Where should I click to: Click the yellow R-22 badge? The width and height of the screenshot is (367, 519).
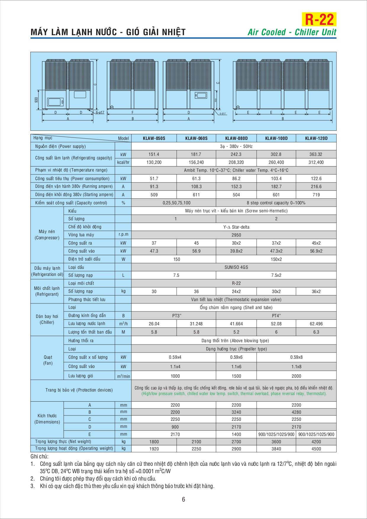pyautogui.click(x=319, y=20)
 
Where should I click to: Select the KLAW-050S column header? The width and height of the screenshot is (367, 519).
pyautogui.click(x=154, y=138)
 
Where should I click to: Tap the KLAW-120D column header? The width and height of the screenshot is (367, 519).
pyautogui.click(x=316, y=138)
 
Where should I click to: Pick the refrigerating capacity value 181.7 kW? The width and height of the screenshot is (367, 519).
pyautogui.click(x=196, y=154)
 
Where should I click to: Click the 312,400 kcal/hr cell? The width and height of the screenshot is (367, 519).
pyautogui.click(x=316, y=162)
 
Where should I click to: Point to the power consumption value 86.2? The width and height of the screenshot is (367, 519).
pyautogui.click(x=236, y=179)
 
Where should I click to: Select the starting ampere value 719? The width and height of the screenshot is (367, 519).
pyautogui.click(x=316, y=195)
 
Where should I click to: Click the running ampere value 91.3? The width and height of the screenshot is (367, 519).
pyautogui.click(x=154, y=187)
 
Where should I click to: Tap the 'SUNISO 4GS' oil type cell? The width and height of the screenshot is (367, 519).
pyautogui.click(x=236, y=267)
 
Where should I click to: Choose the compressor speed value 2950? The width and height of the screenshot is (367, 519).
pyautogui.click(x=236, y=235)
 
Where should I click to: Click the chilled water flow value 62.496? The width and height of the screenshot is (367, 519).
pyautogui.click(x=316, y=324)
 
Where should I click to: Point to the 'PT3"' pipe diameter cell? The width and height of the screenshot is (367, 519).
pyautogui.click(x=177, y=316)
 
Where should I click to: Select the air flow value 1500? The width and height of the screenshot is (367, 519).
pyautogui.click(x=236, y=376)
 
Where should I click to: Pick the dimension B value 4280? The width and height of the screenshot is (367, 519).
pyautogui.click(x=296, y=412)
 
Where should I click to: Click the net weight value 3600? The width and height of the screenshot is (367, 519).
pyautogui.click(x=276, y=442)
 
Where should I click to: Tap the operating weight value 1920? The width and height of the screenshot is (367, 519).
pyautogui.click(x=154, y=449)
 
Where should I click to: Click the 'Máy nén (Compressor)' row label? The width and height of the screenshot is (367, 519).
pyautogui.click(x=47, y=235)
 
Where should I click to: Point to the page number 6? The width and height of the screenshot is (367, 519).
pyautogui.click(x=183, y=499)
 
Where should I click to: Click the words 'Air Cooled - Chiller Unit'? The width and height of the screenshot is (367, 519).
pyautogui.click(x=292, y=32)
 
